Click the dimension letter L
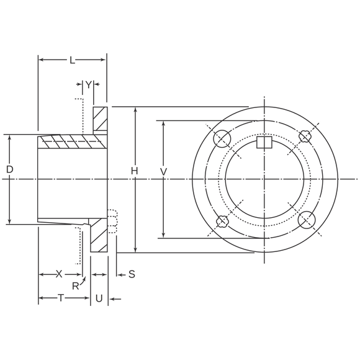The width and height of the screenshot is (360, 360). (x=73, y=60)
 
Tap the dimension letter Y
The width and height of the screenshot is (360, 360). (x=88, y=84)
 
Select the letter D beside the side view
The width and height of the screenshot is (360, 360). (x=9, y=169)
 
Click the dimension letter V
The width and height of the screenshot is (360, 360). (x=163, y=170)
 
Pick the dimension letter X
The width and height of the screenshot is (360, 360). (x=59, y=274)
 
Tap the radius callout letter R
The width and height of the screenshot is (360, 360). (x=75, y=286)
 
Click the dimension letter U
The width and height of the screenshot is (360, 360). (x=99, y=299)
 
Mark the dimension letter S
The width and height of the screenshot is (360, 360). (x=132, y=274)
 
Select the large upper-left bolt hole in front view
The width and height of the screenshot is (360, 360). (x=222, y=138)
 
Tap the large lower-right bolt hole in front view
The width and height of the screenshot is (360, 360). (x=306, y=220)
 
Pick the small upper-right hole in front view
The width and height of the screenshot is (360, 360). (x=305, y=137)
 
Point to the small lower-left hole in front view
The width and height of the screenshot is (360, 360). (x=223, y=221)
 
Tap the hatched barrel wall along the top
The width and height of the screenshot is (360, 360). (x=68, y=142)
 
